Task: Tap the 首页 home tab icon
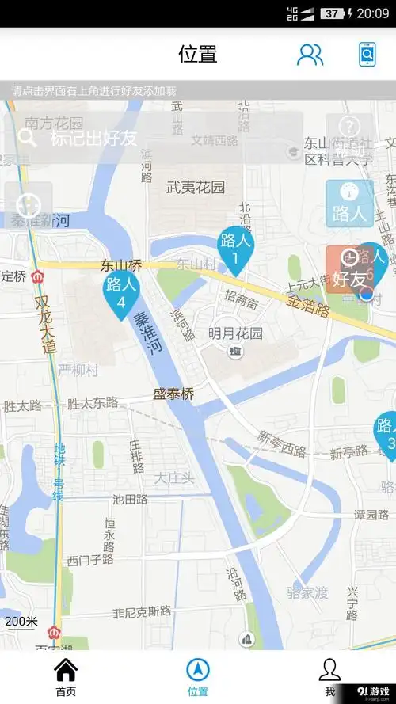[x=66, y=672]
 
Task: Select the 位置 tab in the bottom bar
[x=198, y=672]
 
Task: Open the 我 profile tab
[x=329, y=672]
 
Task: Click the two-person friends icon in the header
[x=310, y=54]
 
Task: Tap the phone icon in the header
[x=367, y=54]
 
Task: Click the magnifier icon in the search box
[x=28, y=138]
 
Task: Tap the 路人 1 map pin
[x=234, y=248]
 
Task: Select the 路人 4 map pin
[x=121, y=292]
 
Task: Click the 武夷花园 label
[x=196, y=188]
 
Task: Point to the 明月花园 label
[x=235, y=333]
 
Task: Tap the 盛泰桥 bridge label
[x=173, y=393]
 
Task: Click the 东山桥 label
[x=121, y=266]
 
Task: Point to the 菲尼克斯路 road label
[x=142, y=611]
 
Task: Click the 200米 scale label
[x=21, y=622]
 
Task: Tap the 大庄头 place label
[x=174, y=478]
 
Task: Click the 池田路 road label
[x=130, y=499]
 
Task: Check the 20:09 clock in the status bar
[x=372, y=13]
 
